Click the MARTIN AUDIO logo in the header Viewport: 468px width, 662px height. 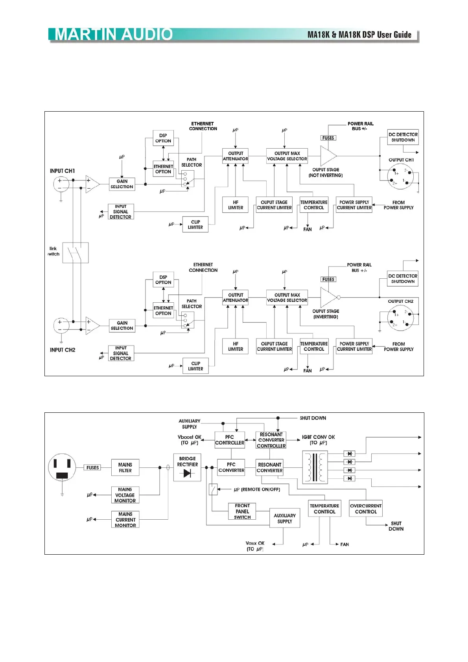tap(114, 35)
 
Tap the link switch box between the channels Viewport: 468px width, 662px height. tap(76, 252)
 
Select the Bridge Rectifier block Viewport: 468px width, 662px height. tap(187, 467)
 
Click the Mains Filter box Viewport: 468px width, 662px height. tap(125, 467)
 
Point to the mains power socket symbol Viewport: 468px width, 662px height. tap(62, 467)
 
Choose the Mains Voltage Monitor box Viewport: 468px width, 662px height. tap(125, 495)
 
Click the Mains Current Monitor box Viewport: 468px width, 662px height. tap(125, 520)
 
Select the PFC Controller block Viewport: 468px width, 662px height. tap(229, 440)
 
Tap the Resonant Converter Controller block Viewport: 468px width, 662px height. tap(271, 440)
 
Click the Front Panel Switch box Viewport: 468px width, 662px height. tap(242, 511)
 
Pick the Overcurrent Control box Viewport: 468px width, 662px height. tap(366, 509)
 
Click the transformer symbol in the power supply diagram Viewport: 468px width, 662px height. tap(315, 467)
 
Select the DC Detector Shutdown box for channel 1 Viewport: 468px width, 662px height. tap(403, 137)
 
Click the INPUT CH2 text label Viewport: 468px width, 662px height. tap(63, 350)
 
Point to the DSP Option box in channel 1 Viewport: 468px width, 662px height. tap(163, 138)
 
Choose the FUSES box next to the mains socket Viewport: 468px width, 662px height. tap(93, 467)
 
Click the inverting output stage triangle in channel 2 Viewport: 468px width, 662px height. tap(328, 297)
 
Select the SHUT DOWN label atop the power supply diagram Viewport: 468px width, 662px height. tap(313, 418)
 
